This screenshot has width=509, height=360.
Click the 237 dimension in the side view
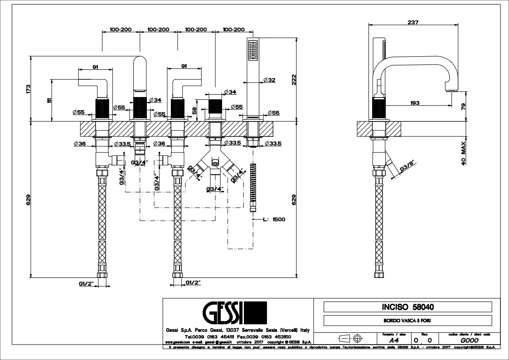[412, 22]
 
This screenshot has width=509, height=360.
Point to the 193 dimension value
[414, 103]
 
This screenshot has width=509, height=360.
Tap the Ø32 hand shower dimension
[269, 80]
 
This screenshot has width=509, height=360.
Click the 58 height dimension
[194, 110]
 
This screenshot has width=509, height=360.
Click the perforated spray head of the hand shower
[252, 50]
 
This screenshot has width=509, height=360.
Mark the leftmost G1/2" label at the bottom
[86, 283]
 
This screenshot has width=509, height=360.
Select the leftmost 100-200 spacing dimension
[120, 29]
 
